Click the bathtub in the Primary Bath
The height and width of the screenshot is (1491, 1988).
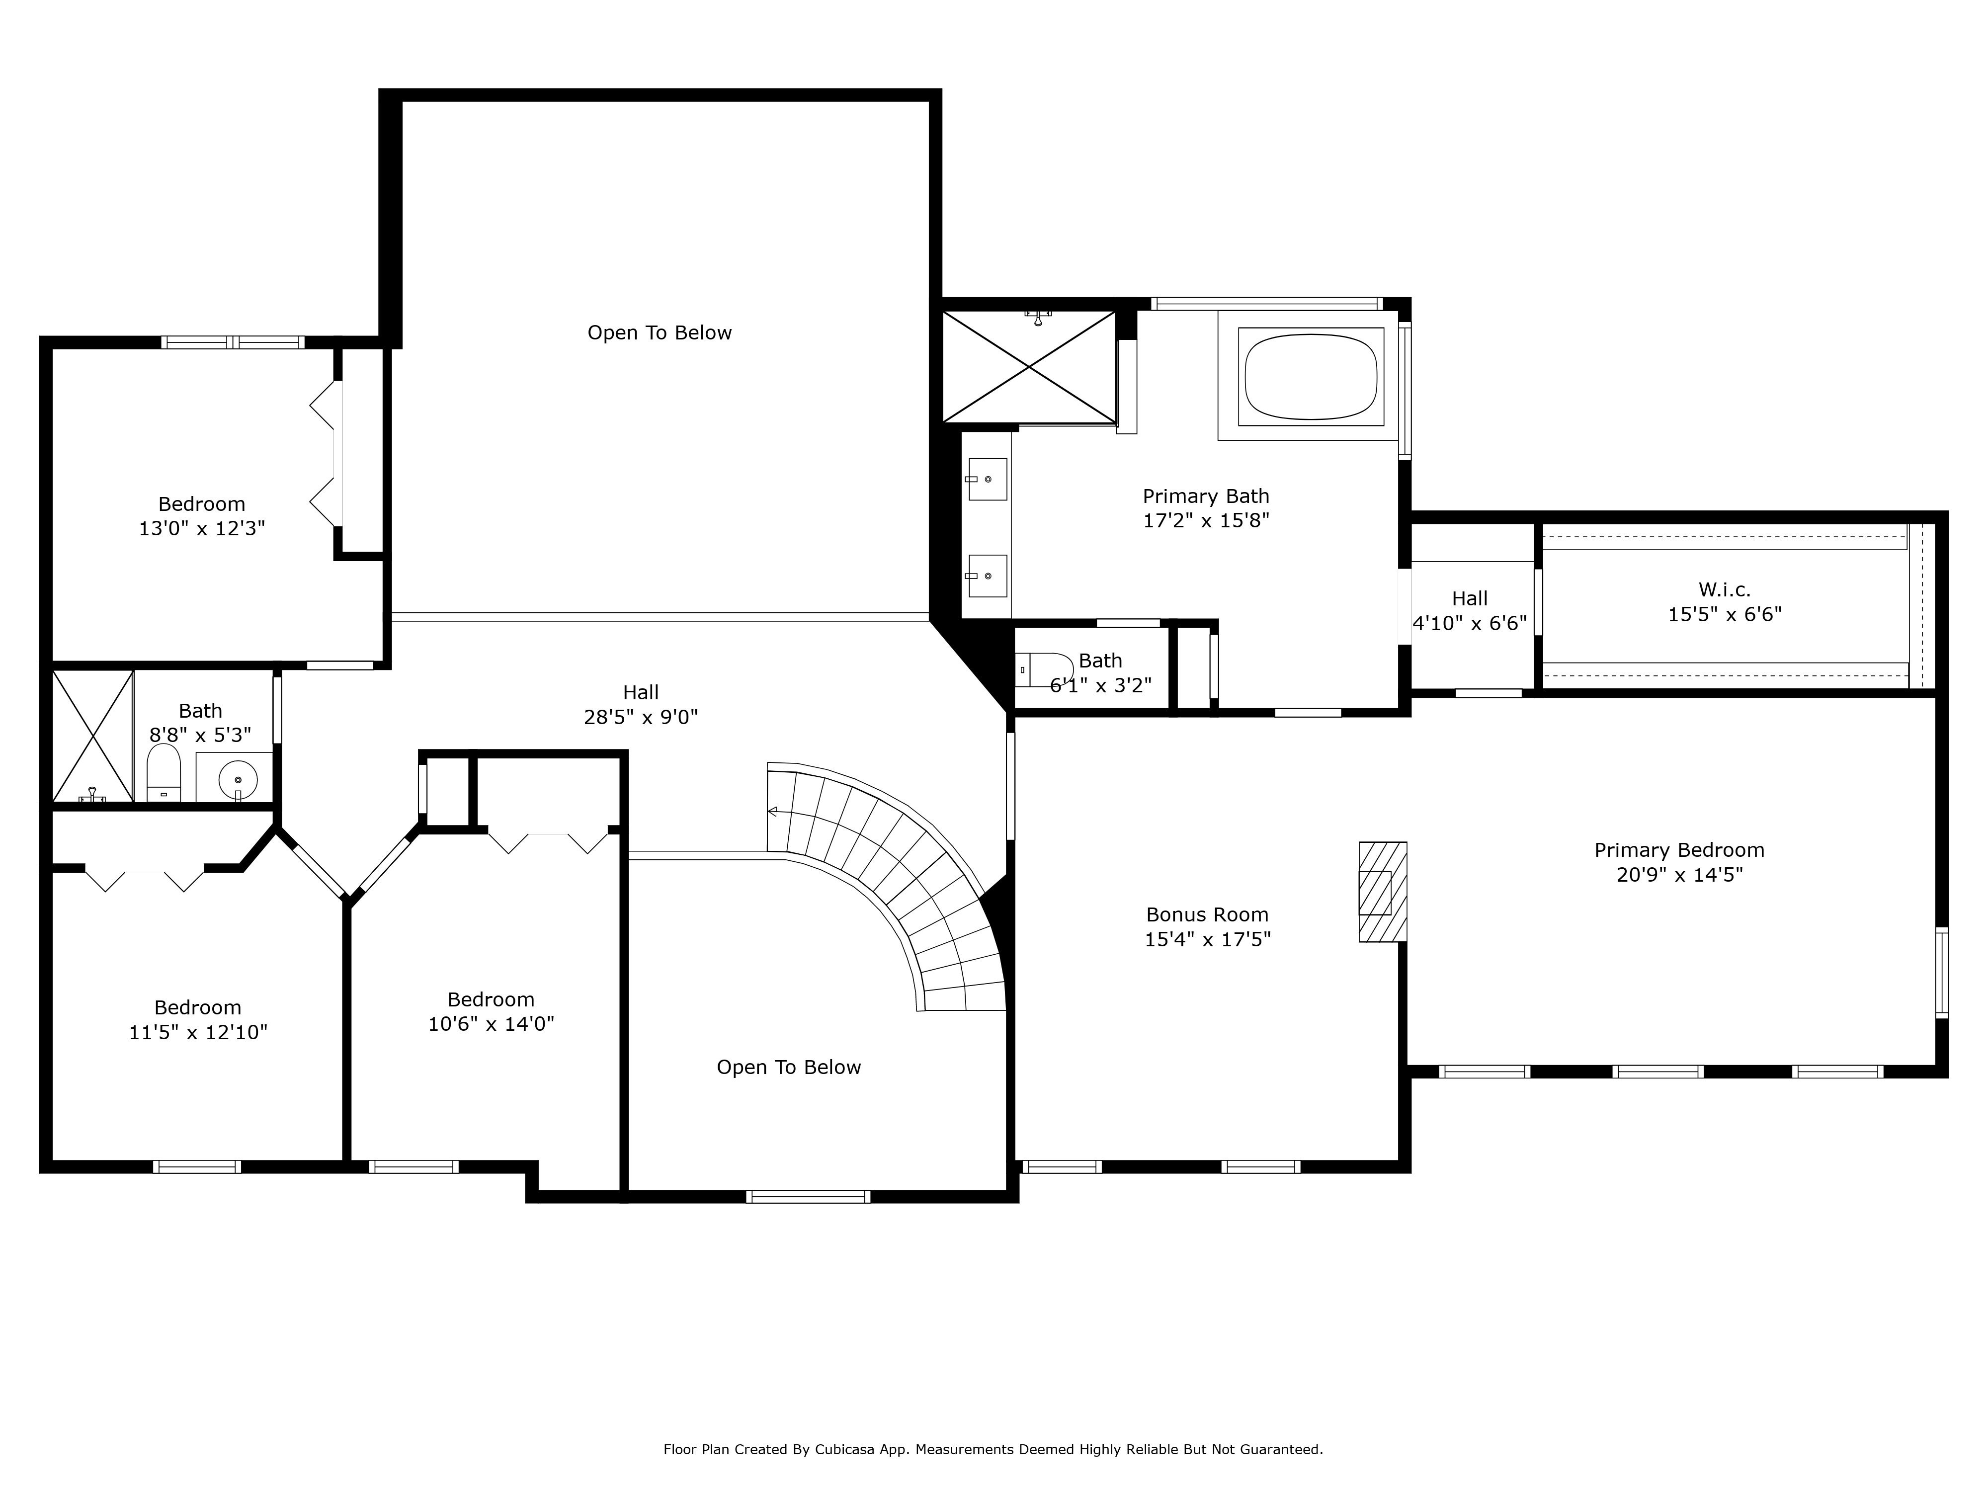click(1311, 377)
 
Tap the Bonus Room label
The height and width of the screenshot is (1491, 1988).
click(1207, 915)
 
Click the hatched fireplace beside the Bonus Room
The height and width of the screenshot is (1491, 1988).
click(1382, 892)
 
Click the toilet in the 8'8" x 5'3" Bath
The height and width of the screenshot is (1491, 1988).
click(164, 773)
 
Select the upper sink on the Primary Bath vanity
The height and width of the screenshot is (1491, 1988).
click(987, 479)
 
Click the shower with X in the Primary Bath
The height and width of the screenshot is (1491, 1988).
click(1029, 367)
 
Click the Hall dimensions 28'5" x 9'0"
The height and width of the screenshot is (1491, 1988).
click(641, 717)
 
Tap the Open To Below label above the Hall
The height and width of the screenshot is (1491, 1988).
click(660, 333)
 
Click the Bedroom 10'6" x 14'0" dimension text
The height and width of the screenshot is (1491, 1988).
click(491, 1024)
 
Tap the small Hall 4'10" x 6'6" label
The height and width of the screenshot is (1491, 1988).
click(1470, 611)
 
